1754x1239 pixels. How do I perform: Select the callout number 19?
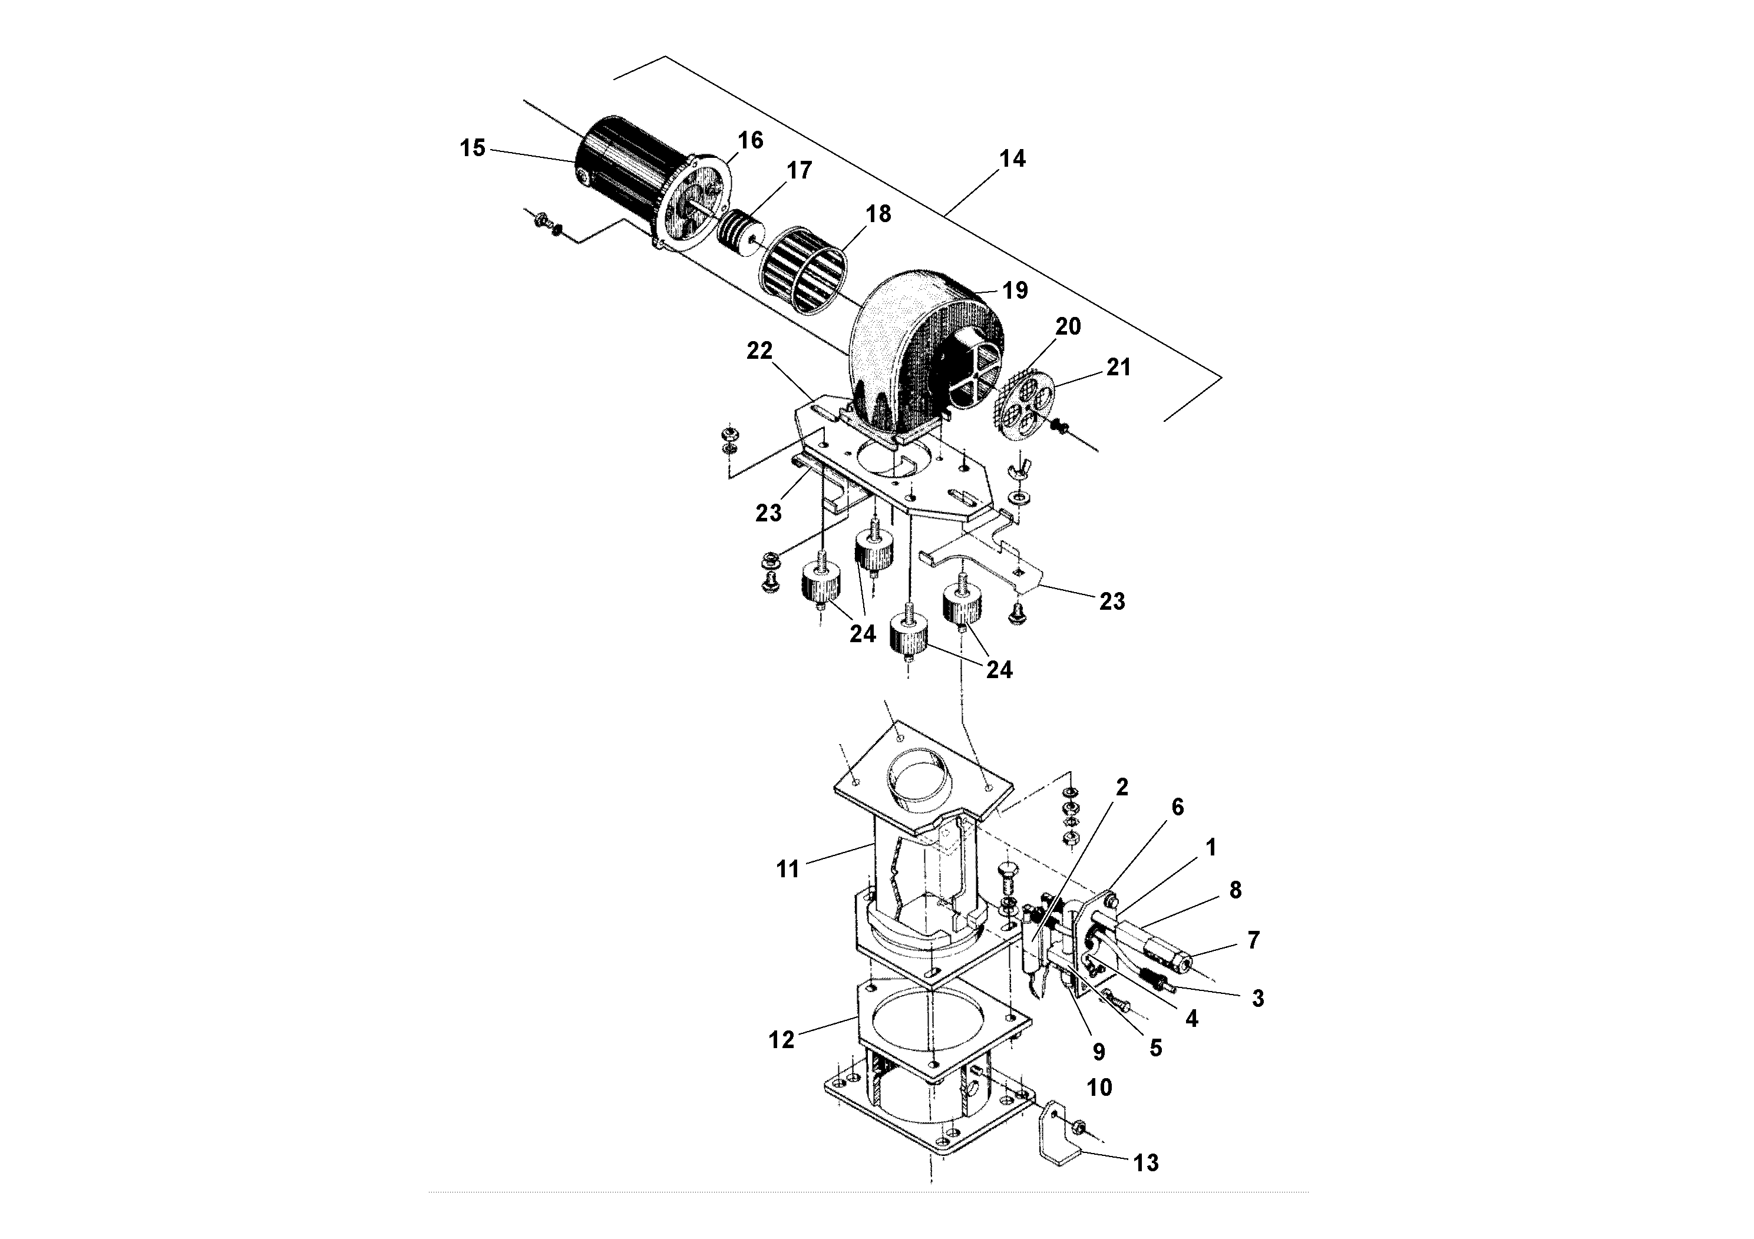[x=1015, y=290]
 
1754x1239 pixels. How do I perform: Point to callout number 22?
[x=759, y=351]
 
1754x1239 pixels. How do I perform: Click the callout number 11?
[x=787, y=868]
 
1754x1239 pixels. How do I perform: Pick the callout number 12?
[x=781, y=1040]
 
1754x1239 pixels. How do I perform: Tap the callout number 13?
[x=1146, y=1162]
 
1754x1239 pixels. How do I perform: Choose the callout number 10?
[x=1099, y=1087]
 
